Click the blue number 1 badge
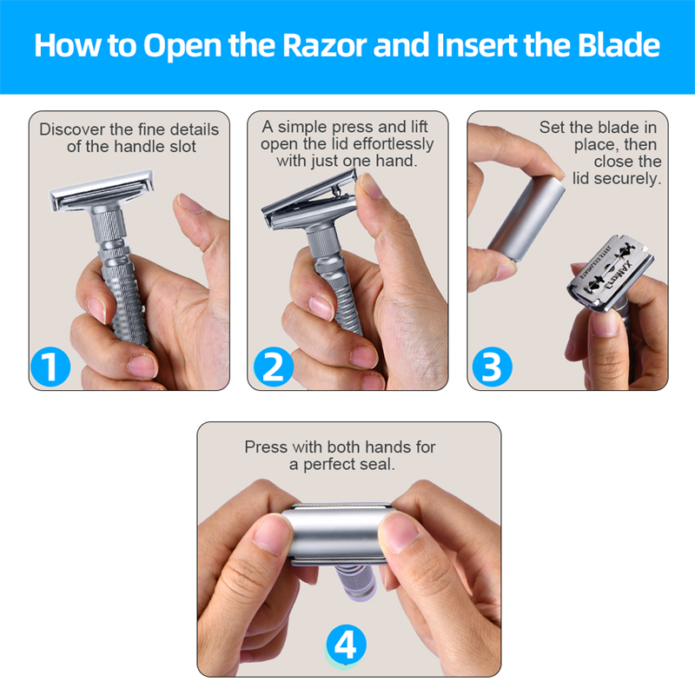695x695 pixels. (50, 367)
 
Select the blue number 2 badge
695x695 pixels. (273, 367)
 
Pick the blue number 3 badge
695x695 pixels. (492, 367)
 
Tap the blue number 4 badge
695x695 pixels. (346, 645)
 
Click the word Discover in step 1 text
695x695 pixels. (73, 129)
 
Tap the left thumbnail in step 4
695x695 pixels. (273, 533)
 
